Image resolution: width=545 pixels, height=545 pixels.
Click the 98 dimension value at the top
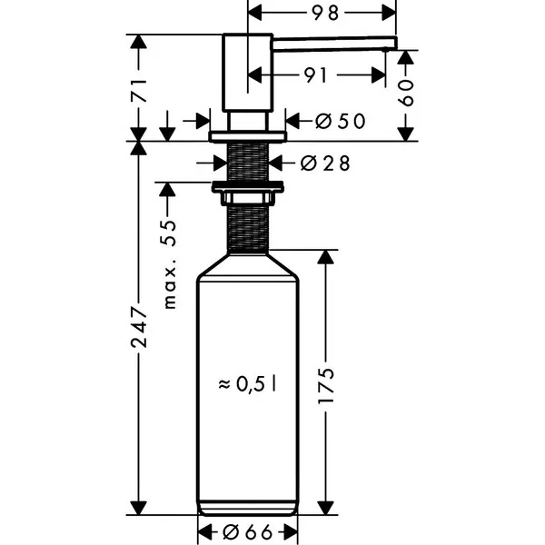click(x=324, y=14)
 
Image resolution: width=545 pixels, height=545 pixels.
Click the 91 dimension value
click(x=315, y=75)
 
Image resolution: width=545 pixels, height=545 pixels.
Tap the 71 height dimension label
click(x=139, y=91)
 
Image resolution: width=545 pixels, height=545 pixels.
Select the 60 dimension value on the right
click(x=406, y=94)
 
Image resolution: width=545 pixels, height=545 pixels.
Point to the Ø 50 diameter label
click(x=341, y=122)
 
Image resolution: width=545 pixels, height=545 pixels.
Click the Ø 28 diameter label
click(x=325, y=163)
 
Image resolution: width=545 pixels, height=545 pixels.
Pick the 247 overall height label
click(x=139, y=327)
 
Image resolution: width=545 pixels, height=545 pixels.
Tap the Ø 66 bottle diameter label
click(x=247, y=531)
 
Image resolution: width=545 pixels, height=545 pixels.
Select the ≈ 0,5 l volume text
click(x=247, y=384)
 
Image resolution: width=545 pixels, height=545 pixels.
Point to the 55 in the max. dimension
click(x=169, y=233)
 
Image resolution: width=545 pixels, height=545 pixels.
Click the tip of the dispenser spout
click(x=395, y=44)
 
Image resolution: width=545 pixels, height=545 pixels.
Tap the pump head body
click(x=247, y=73)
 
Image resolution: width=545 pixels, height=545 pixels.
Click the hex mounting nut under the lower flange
click(x=247, y=198)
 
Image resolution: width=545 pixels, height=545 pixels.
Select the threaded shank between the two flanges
click(x=248, y=162)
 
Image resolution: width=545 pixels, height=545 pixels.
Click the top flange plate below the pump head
click(x=247, y=136)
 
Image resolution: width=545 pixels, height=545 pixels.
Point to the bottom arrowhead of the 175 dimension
click(x=326, y=508)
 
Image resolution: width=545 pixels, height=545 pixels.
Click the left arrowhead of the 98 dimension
click(x=253, y=14)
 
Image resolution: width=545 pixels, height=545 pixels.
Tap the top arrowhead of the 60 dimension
click(x=406, y=57)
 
